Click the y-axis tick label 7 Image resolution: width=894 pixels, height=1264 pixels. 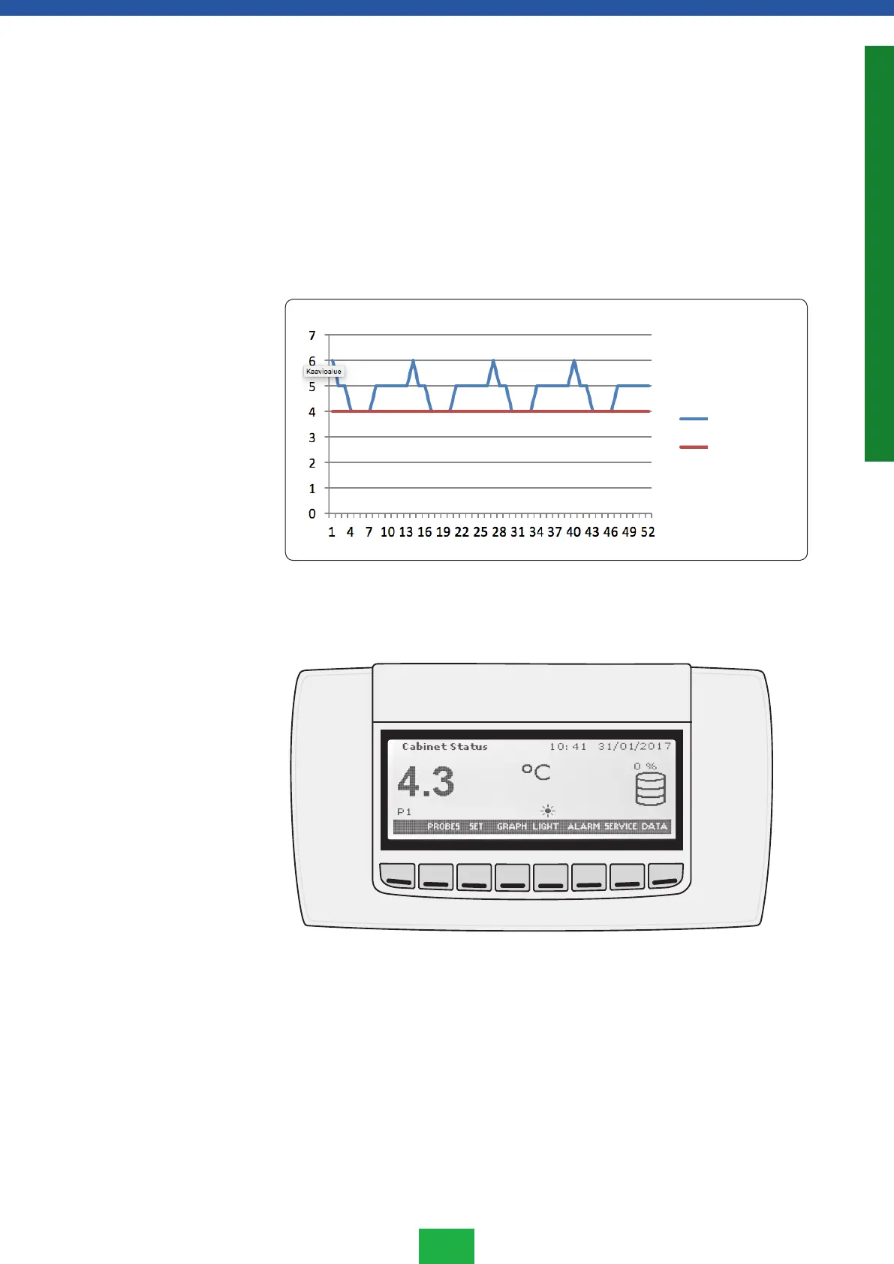[x=312, y=336]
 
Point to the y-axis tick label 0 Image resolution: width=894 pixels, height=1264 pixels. [x=312, y=514]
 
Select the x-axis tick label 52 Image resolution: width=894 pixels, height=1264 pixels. [x=648, y=532]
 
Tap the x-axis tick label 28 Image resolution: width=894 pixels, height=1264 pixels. [x=499, y=532]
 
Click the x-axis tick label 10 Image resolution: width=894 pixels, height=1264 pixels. [x=387, y=532]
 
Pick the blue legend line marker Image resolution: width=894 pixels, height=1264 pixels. [x=694, y=419]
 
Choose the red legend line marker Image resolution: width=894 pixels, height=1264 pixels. [x=694, y=447]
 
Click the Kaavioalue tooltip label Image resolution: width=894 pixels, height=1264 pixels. [x=324, y=372]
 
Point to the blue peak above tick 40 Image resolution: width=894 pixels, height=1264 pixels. [x=574, y=362]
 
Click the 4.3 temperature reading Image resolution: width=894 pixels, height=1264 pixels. [x=426, y=782]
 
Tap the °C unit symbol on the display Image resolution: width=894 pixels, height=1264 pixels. [x=536, y=772]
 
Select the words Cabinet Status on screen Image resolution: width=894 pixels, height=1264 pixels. [x=444, y=747]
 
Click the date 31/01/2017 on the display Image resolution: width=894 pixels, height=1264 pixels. [x=634, y=747]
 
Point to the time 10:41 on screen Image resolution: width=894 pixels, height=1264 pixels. [x=567, y=747]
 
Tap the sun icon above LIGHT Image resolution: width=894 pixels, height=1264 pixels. [x=548, y=811]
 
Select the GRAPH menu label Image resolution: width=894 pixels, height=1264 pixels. [x=512, y=826]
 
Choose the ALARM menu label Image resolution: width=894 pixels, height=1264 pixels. [x=583, y=826]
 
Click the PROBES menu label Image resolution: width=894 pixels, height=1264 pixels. [x=444, y=826]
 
